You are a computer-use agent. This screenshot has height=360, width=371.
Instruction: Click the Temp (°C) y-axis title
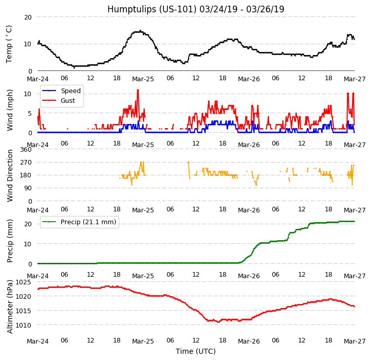pos(9,44)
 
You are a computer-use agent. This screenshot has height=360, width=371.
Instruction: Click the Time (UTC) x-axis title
pos(196,351)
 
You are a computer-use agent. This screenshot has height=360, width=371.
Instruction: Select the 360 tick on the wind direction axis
pos(26,150)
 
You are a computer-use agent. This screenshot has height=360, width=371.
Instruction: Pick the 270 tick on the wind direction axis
pos(26,163)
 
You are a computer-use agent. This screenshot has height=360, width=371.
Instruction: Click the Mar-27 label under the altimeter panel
pos(355,341)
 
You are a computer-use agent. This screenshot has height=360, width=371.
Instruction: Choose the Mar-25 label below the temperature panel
pos(143,80)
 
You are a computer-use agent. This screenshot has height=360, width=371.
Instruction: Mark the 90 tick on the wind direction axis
pos(28,188)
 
